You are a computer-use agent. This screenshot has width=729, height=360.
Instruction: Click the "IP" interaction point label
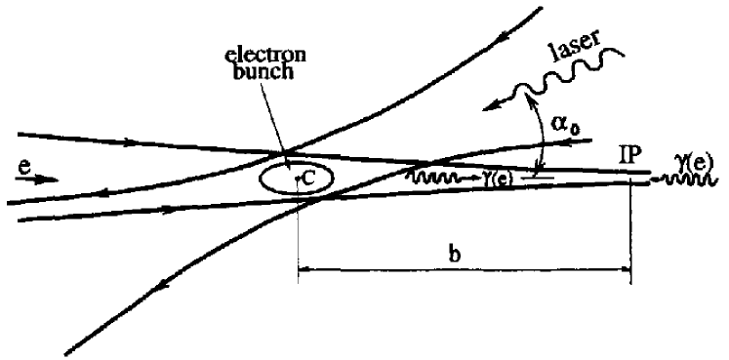coord(631,154)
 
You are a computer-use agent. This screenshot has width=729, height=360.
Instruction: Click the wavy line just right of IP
coord(660,180)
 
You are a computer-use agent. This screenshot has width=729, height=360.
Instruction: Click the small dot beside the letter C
coord(296,180)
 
